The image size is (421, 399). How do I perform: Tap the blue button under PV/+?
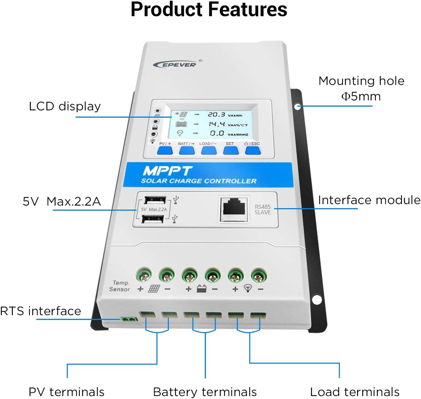(x=165, y=150)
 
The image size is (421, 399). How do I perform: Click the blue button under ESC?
(x=253, y=150)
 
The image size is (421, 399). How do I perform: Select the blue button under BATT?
(x=187, y=150)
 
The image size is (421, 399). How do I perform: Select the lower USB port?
(x=153, y=219)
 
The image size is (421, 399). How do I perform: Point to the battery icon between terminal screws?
(x=201, y=289)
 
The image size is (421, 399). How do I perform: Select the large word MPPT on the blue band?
(x=167, y=171)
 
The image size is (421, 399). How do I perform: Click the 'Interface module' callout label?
(x=369, y=200)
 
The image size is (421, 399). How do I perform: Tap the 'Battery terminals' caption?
(x=205, y=392)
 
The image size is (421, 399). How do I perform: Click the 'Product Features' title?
(x=209, y=10)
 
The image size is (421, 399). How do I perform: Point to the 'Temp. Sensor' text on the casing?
(x=120, y=286)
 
